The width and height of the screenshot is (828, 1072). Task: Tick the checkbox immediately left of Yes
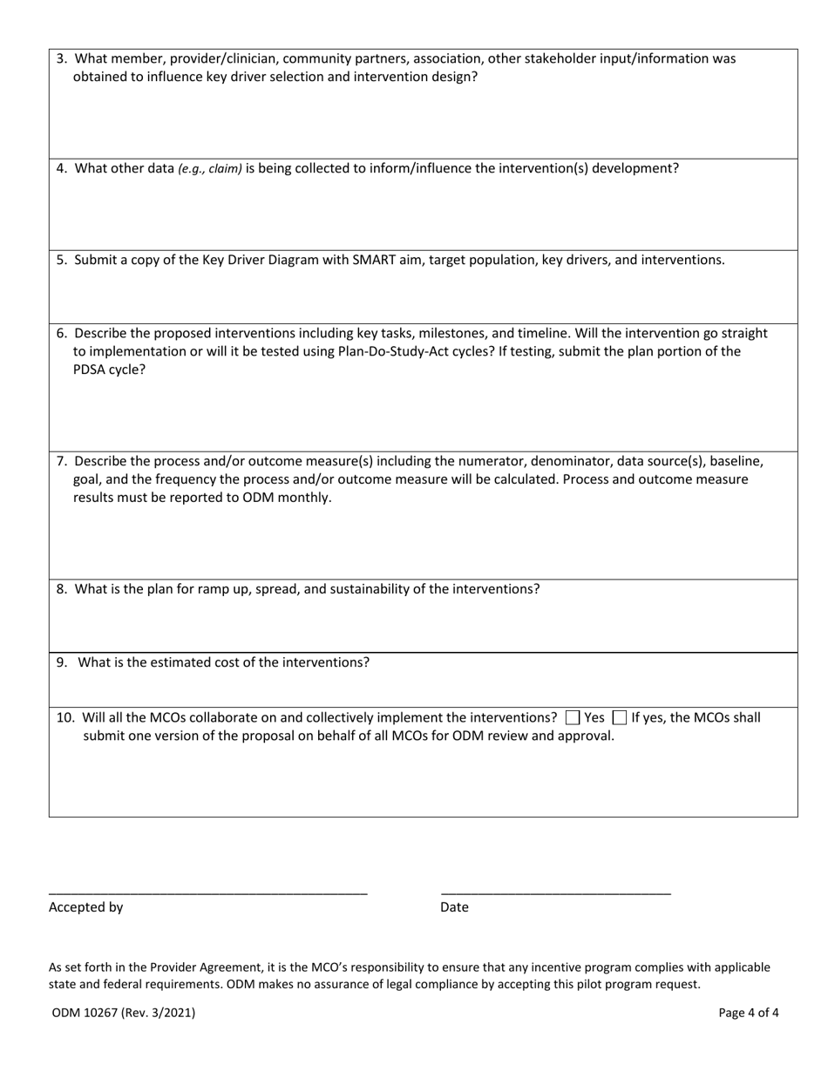tap(573, 718)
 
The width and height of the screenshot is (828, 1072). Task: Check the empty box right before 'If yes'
tap(620, 718)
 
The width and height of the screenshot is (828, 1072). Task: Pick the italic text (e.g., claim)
tap(210, 169)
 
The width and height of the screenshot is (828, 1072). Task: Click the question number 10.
tap(65, 718)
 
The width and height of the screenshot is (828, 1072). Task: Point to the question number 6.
tap(62, 333)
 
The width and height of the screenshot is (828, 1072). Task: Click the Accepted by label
tap(85, 907)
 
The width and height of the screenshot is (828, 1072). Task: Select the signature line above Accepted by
tap(207, 893)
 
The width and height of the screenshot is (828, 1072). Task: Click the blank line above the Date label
tap(555, 893)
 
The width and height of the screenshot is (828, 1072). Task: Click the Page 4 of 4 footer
tap(748, 1013)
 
